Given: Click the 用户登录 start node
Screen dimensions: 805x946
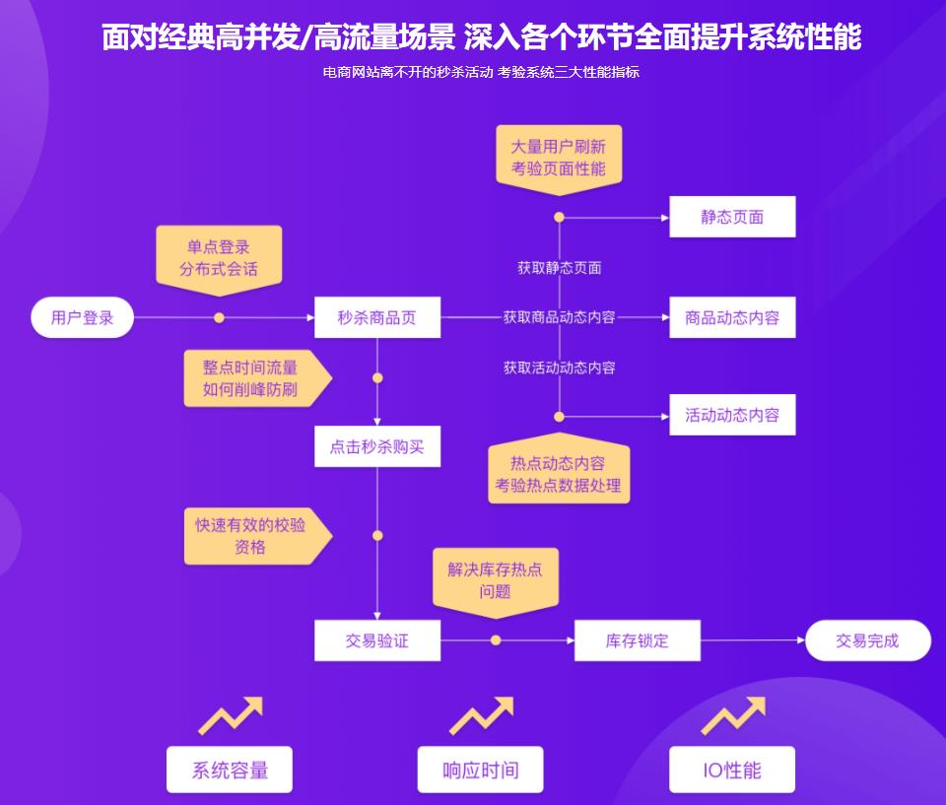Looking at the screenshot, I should [x=83, y=317].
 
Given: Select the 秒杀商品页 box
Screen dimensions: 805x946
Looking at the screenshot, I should [x=377, y=317].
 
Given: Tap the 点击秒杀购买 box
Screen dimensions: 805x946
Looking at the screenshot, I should [x=377, y=446].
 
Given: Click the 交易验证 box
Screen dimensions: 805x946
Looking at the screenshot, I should [x=377, y=640].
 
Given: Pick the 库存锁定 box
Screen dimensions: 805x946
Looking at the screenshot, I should [x=637, y=640].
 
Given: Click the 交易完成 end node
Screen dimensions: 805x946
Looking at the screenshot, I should [x=867, y=640].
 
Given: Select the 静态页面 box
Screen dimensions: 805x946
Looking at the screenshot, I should [x=732, y=217].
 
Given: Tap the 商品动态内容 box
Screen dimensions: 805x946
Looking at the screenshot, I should [x=732, y=317].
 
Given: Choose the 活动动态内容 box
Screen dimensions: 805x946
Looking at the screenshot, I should [x=732, y=415].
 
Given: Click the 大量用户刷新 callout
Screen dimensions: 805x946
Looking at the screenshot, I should [x=558, y=157].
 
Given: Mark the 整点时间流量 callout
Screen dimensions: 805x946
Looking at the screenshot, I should [x=252, y=378].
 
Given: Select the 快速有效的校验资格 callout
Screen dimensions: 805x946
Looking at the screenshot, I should [x=252, y=536].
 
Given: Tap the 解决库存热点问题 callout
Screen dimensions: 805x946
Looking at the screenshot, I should [x=496, y=580].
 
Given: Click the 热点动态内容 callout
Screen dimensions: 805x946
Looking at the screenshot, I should [x=558, y=474].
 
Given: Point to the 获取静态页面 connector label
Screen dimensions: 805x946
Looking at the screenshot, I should [x=559, y=268].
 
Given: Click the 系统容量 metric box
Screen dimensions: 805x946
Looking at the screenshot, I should [x=230, y=770].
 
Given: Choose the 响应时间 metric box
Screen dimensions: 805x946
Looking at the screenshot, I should [x=481, y=770].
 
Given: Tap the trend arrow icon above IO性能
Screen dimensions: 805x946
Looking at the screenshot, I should [x=733, y=715].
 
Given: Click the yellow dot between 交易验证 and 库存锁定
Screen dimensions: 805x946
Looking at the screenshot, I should [x=496, y=640].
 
